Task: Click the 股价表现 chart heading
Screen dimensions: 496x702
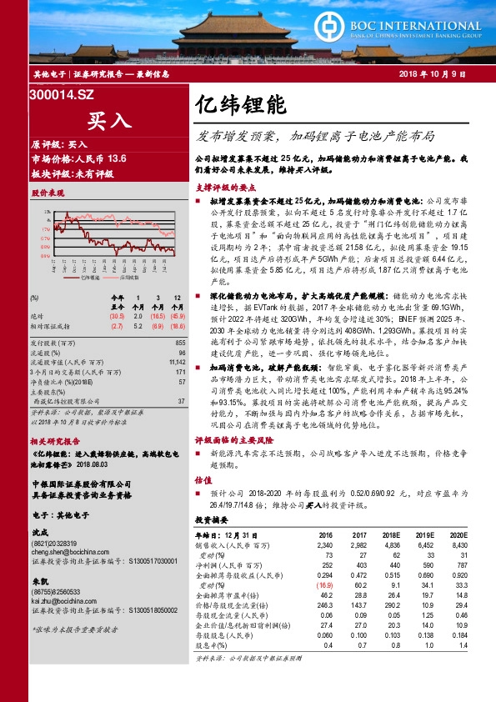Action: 48,192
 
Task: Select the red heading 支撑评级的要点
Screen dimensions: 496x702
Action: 223,188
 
